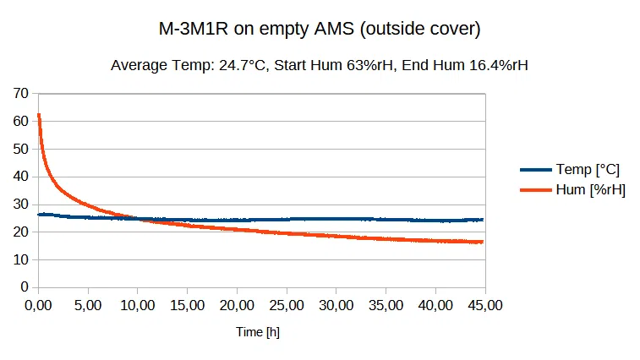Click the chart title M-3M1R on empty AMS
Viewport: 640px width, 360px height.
point(320,30)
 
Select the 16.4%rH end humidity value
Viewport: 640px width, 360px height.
point(494,65)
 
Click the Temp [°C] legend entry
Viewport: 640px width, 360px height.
point(587,170)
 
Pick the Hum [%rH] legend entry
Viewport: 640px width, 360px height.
point(590,189)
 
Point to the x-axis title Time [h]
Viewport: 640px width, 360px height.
point(258,332)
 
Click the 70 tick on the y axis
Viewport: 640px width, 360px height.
point(21,93)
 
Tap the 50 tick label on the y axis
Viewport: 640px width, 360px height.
point(21,149)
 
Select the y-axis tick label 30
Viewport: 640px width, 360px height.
point(21,204)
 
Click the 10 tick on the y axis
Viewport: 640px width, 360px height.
point(21,259)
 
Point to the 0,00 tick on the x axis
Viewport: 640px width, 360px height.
point(38,304)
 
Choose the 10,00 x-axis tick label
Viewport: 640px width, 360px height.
point(138,304)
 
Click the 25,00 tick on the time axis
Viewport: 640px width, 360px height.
point(287,304)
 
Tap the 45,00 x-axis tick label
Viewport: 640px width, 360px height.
point(485,304)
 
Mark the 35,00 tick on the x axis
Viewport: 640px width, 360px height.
point(386,304)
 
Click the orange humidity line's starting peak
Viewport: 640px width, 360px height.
point(39,115)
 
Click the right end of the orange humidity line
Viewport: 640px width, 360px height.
point(483,242)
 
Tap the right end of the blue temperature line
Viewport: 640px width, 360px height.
point(483,220)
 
